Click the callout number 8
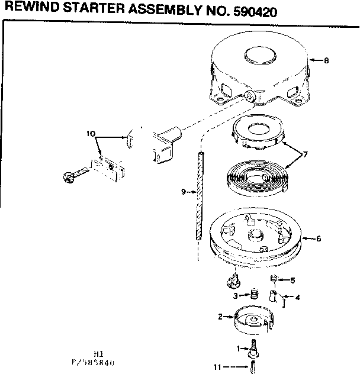(x=326, y=60)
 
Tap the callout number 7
(x=306, y=155)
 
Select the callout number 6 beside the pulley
(x=319, y=238)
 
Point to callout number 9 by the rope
(x=183, y=192)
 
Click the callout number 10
(x=91, y=134)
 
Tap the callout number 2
(x=220, y=317)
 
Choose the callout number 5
(x=292, y=280)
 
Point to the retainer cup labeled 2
(x=253, y=319)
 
